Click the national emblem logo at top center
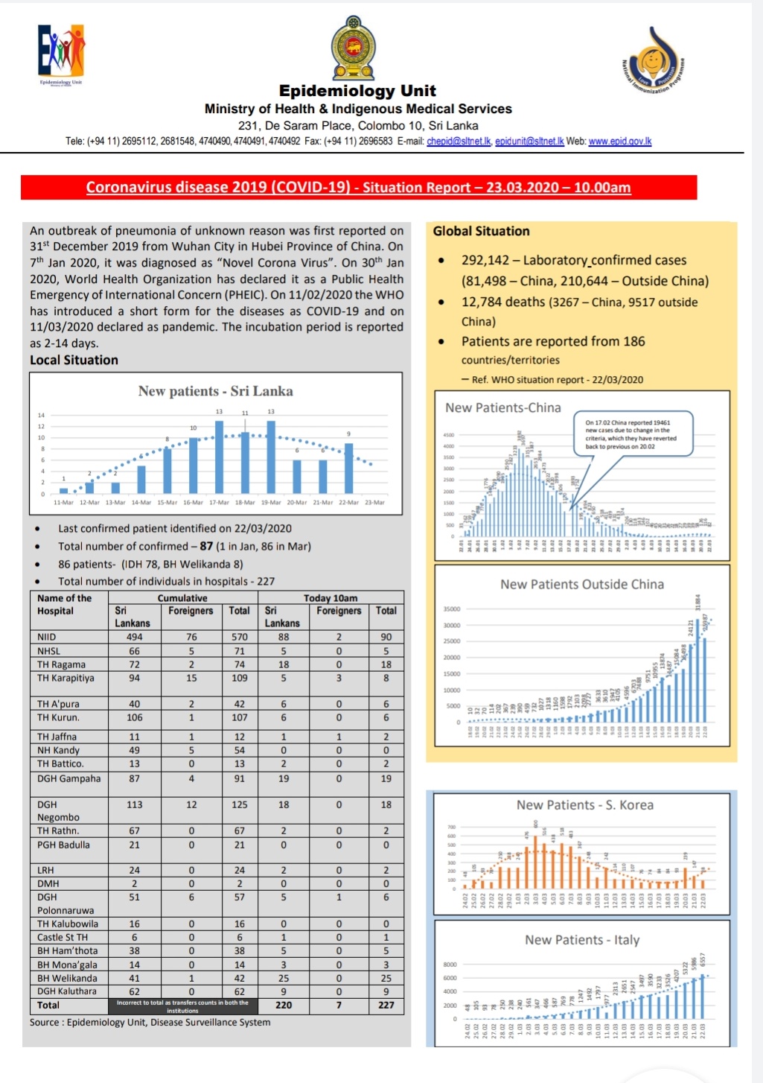(x=354, y=49)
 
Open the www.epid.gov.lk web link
(x=619, y=142)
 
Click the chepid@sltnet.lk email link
(x=459, y=142)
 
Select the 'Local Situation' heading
(x=74, y=361)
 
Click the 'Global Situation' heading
(x=481, y=232)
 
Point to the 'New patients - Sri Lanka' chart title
(x=215, y=391)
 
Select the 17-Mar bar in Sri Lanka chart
(x=219, y=457)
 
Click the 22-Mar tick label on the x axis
(x=348, y=503)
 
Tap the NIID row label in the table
(x=47, y=638)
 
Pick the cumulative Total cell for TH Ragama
(x=239, y=664)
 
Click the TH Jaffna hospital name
(x=57, y=737)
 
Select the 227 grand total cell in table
(x=386, y=1005)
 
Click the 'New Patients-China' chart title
(x=503, y=408)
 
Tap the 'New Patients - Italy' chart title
(x=582, y=940)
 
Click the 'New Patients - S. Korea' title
(x=585, y=805)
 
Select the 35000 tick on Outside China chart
(x=452, y=609)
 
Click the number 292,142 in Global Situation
(x=485, y=261)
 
